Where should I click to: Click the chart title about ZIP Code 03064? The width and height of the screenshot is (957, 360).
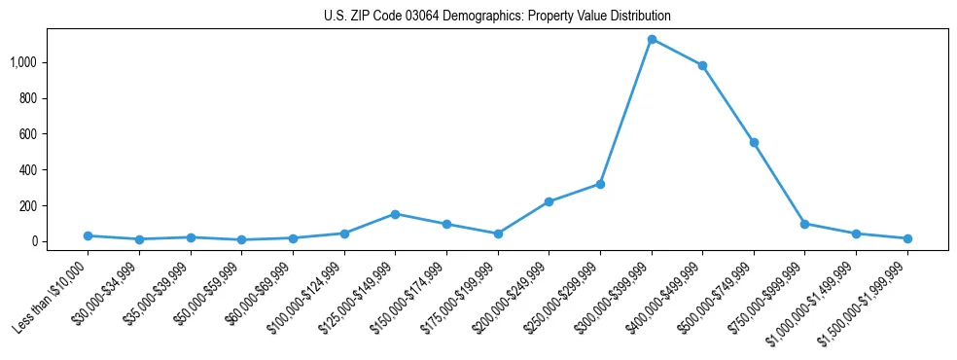point(497,17)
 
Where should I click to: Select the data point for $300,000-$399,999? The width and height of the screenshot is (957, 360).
point(652,39)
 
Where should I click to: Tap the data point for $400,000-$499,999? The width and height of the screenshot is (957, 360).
point(702,65)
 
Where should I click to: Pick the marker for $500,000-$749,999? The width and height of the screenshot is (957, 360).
point(754,142)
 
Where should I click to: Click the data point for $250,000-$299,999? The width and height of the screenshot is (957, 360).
point(600,184)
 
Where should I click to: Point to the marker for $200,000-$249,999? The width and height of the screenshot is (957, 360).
point(549,201)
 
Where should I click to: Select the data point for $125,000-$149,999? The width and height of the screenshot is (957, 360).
point(395,214)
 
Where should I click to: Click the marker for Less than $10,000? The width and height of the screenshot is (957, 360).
point(88,235)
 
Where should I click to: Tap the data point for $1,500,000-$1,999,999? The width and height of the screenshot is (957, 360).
point(907,238)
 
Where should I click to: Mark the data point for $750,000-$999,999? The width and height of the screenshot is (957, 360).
point(804,224)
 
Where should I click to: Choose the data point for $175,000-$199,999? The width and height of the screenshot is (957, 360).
point(498,234)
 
